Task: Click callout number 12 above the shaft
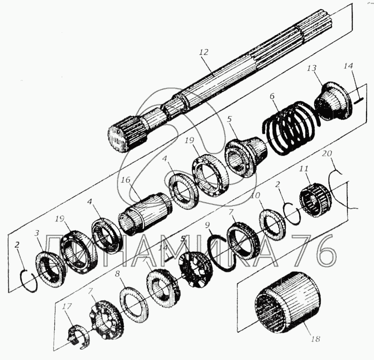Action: [x=203, y=52]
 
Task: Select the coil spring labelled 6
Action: [x=291, y=128]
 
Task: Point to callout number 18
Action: [x=316, y=339]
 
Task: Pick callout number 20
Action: [x=327, y=153]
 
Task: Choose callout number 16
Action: [x=125, y=180]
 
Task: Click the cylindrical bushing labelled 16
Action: [x=145, y=213]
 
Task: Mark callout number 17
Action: [x=67, y=306]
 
